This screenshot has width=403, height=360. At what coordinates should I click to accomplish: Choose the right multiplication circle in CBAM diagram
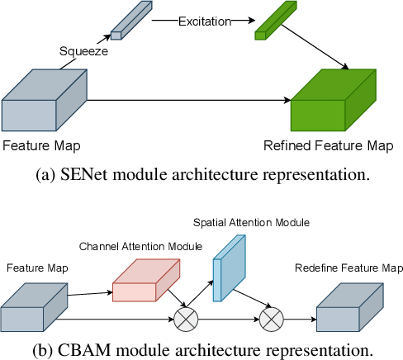271,316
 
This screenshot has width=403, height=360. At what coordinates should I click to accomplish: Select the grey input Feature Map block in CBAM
34,305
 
